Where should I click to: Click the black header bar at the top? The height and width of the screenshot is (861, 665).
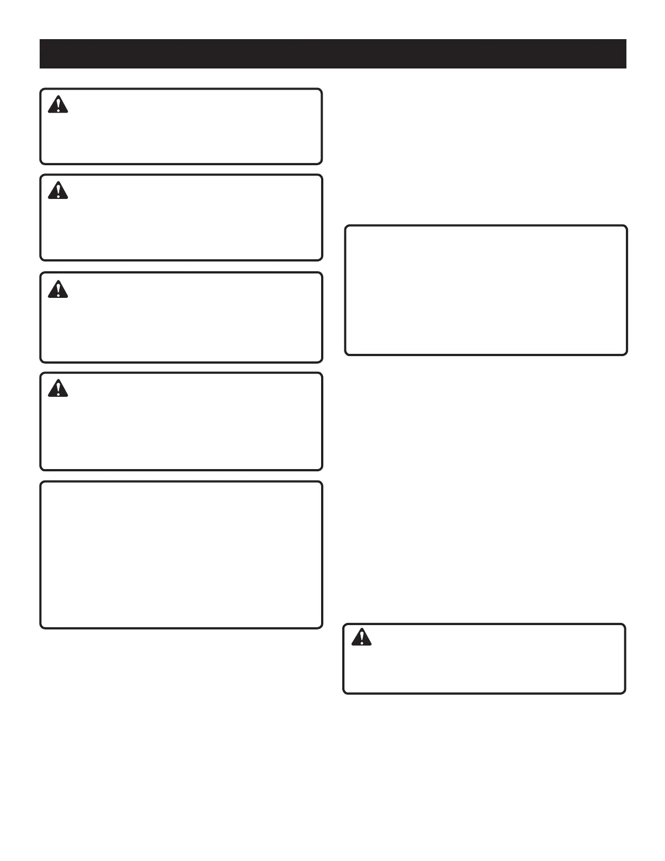tap(332, 54)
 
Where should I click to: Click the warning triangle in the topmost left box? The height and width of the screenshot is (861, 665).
tap(58, 105)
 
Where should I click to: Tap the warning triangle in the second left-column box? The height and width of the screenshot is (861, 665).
tap(58, 191)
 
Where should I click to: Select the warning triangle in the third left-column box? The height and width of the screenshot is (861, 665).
tap(58, 290)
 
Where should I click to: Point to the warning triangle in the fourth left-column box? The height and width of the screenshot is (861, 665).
tap(58, 389)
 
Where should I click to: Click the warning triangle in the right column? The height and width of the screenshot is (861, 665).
tap(361, 637)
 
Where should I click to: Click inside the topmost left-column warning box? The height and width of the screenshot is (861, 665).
tap(181, 126)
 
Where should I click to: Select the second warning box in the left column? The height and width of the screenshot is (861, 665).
tap(181, 217)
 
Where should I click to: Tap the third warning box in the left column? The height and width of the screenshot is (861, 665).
tap(181, 317)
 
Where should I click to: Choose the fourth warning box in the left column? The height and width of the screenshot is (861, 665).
tap(181, 421)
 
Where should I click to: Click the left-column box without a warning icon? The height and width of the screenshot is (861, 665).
tap(181, 555)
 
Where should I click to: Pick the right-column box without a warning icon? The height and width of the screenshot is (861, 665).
tap(486, 290)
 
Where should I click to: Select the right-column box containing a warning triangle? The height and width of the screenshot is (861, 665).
tap(484, 659)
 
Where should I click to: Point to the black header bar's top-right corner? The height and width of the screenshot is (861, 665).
tap(626, 40)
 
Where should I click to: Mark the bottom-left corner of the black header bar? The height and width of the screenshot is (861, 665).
tap(40, 68)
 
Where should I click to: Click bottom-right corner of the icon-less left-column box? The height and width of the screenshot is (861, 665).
tap(321, 627)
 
